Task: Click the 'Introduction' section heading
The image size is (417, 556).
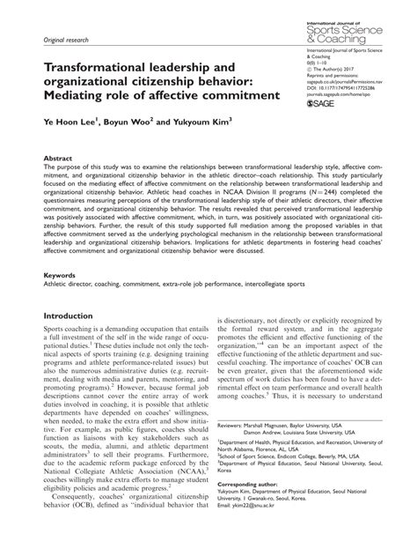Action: pyautogui.click(x=74, y=315)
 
